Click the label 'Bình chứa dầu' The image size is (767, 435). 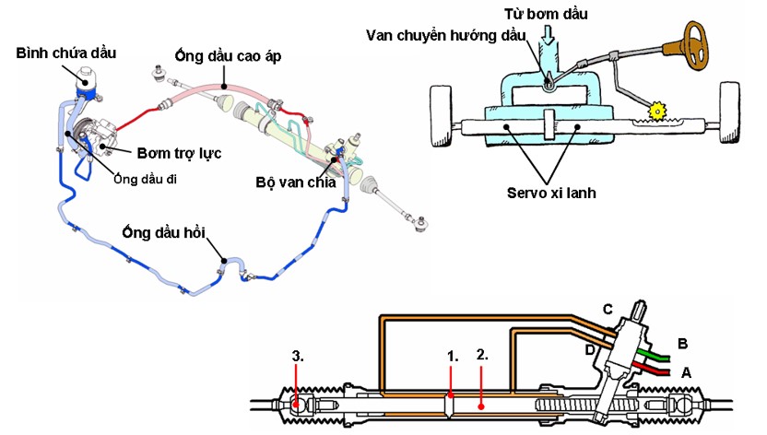pyautogui.click(x=66, y=53)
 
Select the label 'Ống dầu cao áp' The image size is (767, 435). pyautogui.click(x=228, y=56)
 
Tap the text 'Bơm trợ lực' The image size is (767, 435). pyautogui.click(x=179, y=153)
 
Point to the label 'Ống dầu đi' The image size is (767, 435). pyautogui.click(x=145, y=179)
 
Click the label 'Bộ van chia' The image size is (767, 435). pyautogui.click(x=296, y=182)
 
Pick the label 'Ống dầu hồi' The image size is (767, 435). pyautogui.click(x=164, y=232)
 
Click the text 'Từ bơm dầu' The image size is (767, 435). pyautogui.click(x=546, y=14)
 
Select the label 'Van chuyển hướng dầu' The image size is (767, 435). pyautogui.click(x=445, y=35)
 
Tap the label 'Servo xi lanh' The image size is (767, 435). pyautogui.click(x=551, y=193)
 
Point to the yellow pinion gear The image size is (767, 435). pyautogui.click(x=657, y=112)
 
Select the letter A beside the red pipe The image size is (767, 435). pyautogui.click(x=686, y=373)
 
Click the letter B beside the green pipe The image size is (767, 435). pyautogui.click(x=683, y=344)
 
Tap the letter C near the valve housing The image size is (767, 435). pyautogui.click(x=608, y=310)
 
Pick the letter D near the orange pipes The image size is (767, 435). pyautogui.click(x=590, y=350)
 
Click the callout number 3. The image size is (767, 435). pyautogui.click(x=298, y=357)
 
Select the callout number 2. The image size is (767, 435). pyautogui.click(x=482, y=355)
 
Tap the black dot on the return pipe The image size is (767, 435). pyautogui.click(x=222, y=261)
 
